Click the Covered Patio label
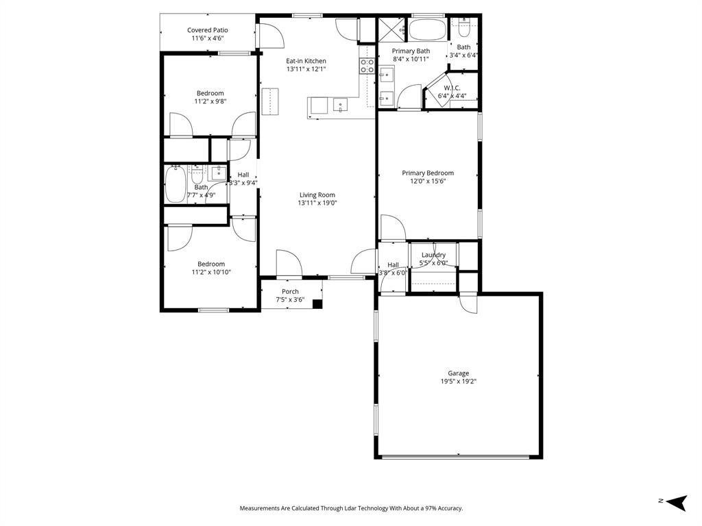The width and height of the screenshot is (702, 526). (207, 30)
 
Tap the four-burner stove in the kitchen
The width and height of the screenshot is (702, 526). (367, 66)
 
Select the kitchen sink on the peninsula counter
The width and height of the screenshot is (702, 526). (340, 105)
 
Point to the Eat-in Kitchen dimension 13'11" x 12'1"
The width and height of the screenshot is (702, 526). (306, 69)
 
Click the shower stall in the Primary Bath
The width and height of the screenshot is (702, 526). (392, 30)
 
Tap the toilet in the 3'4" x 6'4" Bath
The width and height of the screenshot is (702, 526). (464, 29)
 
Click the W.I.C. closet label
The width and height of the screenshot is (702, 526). (452, 88)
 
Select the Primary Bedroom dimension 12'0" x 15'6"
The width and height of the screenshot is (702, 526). (428, 181)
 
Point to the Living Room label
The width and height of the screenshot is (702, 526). (317, 195)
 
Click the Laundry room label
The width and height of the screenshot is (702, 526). (433, 255)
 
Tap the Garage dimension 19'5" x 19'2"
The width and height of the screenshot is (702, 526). (459, 381)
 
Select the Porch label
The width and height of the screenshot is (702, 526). (290, 291)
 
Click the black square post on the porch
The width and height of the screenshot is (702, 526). (317, 304)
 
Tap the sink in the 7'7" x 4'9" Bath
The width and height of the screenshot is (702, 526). (218, 173)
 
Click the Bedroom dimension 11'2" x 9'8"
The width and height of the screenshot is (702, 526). (210, 101)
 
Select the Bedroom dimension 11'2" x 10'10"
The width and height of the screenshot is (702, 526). (211, 272)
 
